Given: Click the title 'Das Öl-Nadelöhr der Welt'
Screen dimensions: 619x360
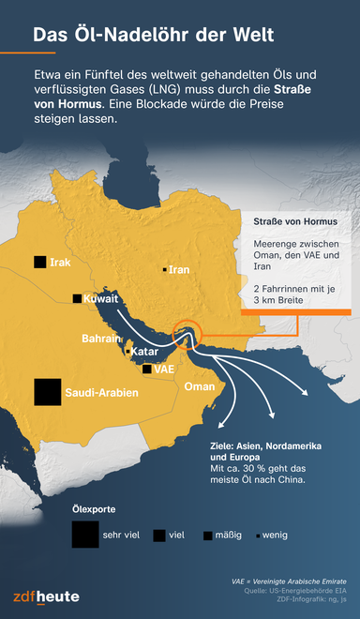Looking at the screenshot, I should point(154,36).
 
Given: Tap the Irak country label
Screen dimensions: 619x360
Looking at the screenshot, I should point(61,262).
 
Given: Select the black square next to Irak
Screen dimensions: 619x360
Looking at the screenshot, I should point(39,262).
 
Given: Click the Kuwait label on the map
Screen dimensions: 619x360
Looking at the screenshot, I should point(101,299).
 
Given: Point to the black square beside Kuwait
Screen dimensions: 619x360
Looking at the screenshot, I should point(77,299).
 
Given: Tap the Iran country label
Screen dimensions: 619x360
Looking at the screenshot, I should point(179,270).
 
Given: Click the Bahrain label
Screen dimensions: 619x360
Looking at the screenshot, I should point(101,338).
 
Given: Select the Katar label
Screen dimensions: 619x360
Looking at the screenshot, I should point(142,352).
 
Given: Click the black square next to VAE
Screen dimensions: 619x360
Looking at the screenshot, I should point(146,370).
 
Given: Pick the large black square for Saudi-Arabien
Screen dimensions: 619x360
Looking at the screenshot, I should point(47,392).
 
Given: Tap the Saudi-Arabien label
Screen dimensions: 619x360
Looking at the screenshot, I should point(102,392).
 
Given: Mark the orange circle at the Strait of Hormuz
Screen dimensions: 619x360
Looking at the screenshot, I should point(187,334).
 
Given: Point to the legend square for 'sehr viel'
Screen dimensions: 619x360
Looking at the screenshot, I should point(83,535).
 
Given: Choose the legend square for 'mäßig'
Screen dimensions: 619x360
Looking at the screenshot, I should point(207,536).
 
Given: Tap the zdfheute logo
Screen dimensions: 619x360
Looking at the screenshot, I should point(46,596).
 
